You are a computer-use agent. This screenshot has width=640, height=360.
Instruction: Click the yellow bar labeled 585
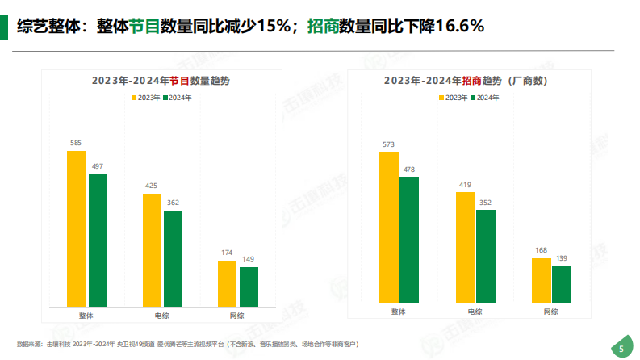(77, 228)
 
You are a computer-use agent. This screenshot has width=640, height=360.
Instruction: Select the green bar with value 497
(98, 240)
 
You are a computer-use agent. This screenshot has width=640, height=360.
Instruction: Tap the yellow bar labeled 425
(152, 249)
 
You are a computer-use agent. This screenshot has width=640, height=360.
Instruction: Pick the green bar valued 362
(173, 258)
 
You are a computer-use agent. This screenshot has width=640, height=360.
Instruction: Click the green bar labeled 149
(249, 287)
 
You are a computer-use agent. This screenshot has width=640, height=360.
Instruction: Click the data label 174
(228, 253)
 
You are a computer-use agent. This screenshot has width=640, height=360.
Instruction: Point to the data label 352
(486, 203)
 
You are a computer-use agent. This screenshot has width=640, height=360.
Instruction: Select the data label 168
(542, 250)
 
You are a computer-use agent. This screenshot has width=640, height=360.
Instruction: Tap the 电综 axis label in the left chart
(162, 313)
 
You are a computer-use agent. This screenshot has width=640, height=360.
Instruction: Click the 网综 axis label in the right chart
(551, 312)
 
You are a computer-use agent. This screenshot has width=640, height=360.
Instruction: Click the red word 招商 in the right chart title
(473, 81)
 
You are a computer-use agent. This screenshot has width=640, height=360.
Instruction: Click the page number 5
(621, 349)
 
